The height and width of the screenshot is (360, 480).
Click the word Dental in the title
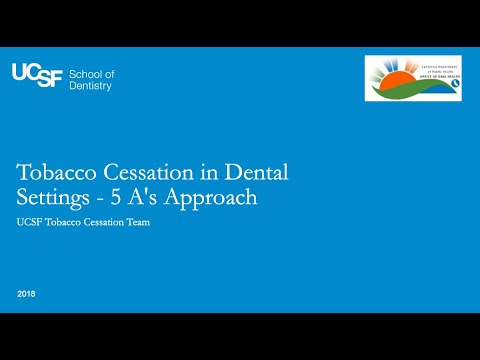[258, 171]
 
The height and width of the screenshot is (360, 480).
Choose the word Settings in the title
[60, 197]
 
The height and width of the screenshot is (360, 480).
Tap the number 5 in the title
[118, 197]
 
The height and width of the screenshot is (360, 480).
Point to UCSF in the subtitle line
[33, 222]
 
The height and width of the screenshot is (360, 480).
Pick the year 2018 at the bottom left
[27, 293]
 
